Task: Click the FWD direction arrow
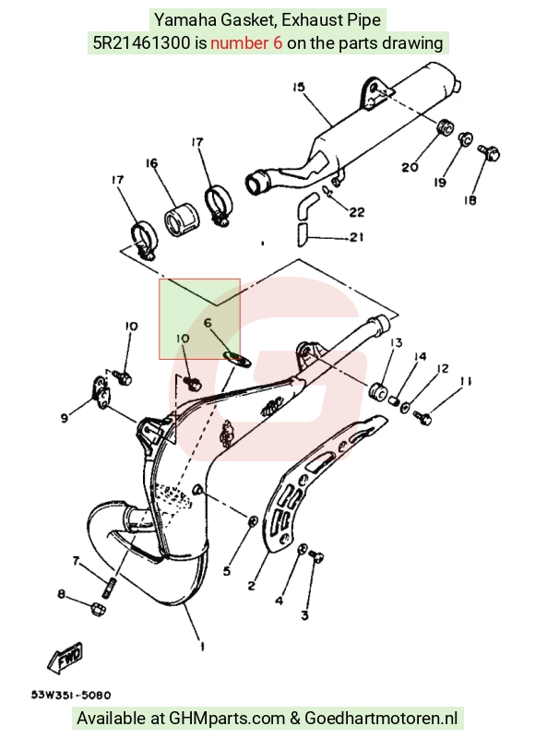click(65, 657)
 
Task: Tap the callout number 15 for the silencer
click(298, 87)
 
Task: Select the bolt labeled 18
click(491, 152)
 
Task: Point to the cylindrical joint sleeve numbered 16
click(182, 220)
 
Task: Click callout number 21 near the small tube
click(357, 237)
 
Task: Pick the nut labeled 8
click(98, 609)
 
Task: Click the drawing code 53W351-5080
click(71, 695)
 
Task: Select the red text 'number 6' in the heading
click(246, 43)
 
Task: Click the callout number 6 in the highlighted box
click(208, 323)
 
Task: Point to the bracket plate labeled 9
click(101, 391)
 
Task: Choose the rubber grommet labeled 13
click(378, 390)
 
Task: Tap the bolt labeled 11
click(422, 417)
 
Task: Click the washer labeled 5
click(253, 520)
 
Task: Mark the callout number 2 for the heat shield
click(251, 586)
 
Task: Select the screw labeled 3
click(316, 557)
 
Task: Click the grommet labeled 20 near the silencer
click(445, 127)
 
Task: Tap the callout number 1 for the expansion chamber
click(202, 647)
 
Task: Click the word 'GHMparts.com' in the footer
click(227, 719)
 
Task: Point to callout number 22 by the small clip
click(357, 212)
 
